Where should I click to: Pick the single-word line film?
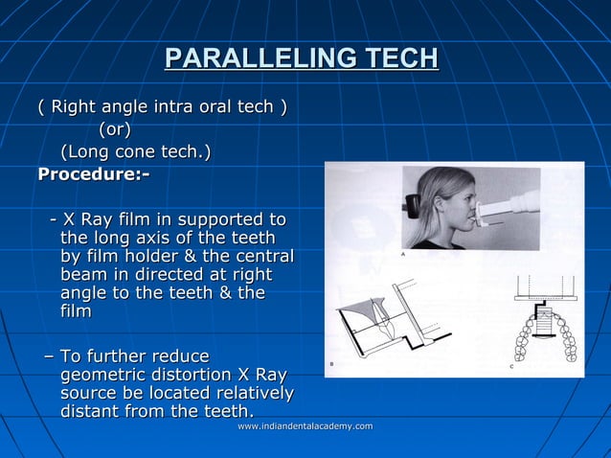(x=76, y=311)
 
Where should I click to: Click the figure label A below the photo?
(x=402, y=256)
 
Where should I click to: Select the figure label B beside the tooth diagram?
(x=331, y=364)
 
